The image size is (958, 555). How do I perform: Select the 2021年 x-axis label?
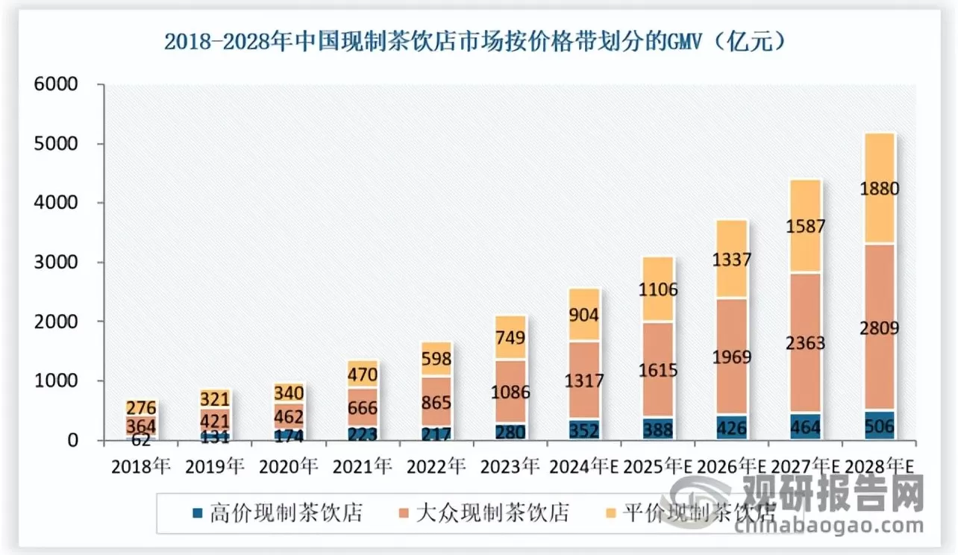tap(363, 468)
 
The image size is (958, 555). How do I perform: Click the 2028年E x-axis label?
tap(880, 468)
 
